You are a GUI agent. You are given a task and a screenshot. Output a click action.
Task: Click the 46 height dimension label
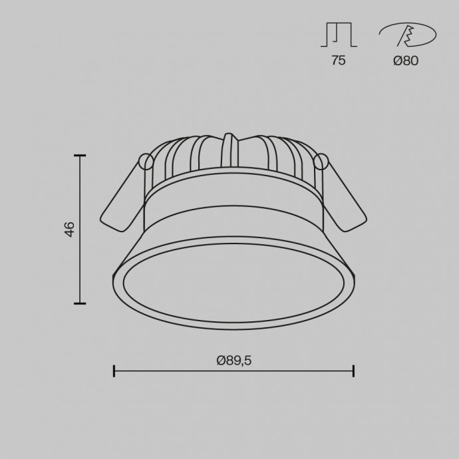point(70,230)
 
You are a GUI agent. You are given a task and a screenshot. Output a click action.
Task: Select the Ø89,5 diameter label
point(234,361)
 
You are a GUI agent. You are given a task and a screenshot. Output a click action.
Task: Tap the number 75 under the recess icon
point(339,61)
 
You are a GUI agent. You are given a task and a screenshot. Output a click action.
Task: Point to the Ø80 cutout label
point(406,61)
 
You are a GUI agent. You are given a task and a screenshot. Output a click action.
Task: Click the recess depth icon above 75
point(339,35)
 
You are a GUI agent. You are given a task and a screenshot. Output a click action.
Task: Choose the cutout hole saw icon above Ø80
point(408,35)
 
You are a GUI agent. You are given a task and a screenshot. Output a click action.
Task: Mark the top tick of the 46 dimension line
point(80,156)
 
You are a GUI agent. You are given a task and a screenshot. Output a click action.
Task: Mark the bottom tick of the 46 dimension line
point(80,303)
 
